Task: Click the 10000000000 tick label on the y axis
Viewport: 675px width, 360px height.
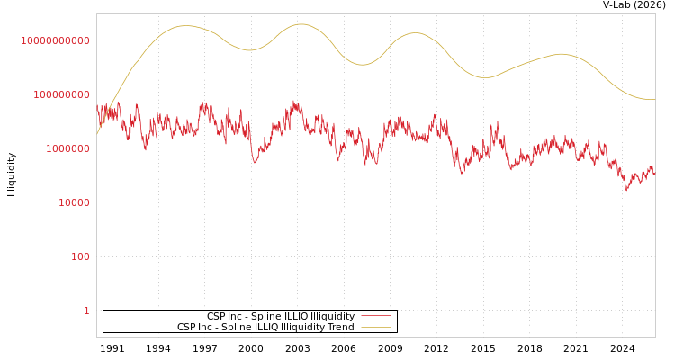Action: pyautogui.click(x=56, y=40)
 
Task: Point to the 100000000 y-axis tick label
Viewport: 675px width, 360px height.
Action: pyautogui.click(x=56, y=94)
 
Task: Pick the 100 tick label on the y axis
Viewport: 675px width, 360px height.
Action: pyautogui.click(x=80, y=256)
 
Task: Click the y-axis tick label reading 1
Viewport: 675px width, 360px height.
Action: pyautogui.click(x=86, y=310)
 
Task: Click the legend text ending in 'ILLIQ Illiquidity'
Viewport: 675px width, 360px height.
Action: pyautogui.click(x=281, y=317)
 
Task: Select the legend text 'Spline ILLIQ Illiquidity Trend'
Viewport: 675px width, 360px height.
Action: pyautogui.click(x=265, y=328)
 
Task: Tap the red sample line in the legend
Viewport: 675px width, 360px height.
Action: pyautogui.click(x=376, y=317)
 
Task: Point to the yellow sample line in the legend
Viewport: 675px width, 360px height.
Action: pyautogui.click(x=376, y=328)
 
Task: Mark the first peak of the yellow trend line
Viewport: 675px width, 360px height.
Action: pyautogui.click(x=185, y=25)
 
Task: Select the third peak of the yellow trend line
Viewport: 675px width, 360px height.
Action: pyautogui.click(x=415, y=33)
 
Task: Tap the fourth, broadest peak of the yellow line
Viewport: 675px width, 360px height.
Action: pyautogui.click(x=560, y=54)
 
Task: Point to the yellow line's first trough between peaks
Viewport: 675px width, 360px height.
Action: pyautogui.click(x=248, y=50)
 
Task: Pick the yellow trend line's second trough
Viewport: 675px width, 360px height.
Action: pyautogui.click(x=362, y=65)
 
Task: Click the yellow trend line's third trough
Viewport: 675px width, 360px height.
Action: pyautogui.click(x=485, y=77)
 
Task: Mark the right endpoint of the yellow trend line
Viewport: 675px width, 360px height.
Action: pyautogui.click(x=654, y=99)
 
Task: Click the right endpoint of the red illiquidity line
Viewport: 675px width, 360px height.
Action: pyautogui.click(x=654, y=173)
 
